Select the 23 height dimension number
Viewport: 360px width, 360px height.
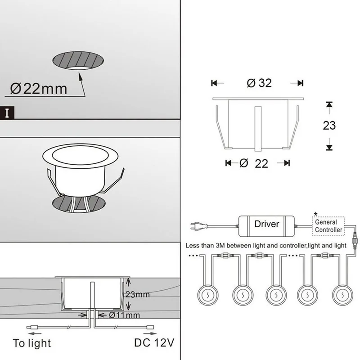329,125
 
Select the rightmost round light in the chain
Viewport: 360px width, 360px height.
341,296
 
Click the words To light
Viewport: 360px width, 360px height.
32,343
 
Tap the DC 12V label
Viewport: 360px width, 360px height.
153,343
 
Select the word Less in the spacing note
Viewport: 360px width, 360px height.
195,246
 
